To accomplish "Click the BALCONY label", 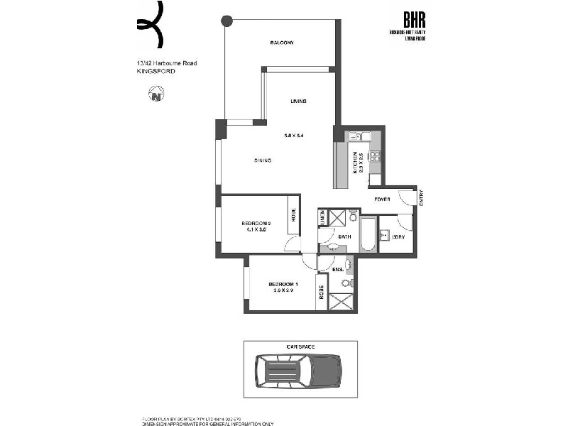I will tap(282, 43).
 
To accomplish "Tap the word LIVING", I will tap(298, 102).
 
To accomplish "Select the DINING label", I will tap(263, 160).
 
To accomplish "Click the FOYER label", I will tap(383, 199).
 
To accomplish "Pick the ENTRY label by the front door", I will tap(421, 197).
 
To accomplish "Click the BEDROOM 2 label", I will tap(256, 224).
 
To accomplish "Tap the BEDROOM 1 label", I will tap(283, 285).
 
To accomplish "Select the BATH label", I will tap(345, 236).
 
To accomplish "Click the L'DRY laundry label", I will tap(398, 236).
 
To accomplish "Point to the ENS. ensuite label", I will tap(338, 270).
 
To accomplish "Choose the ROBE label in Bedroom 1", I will tap(322, 292).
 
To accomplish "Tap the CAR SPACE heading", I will tap(300, 346).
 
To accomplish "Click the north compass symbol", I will tap(156, 92).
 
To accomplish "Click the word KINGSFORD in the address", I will tap(154, 72).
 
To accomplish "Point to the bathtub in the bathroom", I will tap(368, 235).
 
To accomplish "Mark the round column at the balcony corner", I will tap(226, 21).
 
